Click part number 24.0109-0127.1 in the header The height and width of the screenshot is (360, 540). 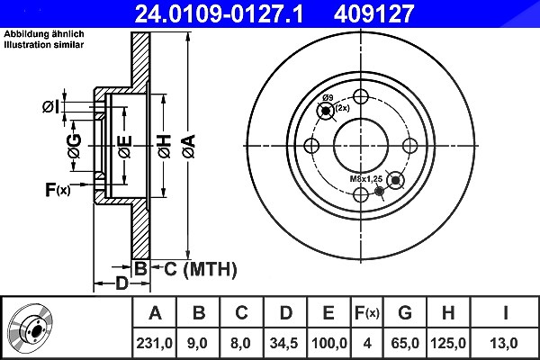point(219,13)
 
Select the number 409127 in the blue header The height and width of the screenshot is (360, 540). point(373,13)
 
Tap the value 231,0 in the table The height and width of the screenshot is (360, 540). point(154,343)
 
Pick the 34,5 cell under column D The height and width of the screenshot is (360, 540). point(284,343)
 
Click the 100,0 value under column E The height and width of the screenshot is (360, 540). point(328,343)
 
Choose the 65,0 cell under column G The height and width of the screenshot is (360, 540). point(405,343)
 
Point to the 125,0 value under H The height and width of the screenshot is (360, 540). point(448,343)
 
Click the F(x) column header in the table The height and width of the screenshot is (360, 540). point(367,313)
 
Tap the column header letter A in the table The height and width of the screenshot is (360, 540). point(155,313)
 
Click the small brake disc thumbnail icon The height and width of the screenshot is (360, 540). point(31,328)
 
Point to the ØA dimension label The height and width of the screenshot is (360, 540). point(189,147)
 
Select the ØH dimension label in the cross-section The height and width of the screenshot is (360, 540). point(165,147)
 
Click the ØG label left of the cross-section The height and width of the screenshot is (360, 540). point(75,146)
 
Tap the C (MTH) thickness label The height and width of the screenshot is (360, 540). point(201,269)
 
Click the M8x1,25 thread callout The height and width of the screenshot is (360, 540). point(366,179)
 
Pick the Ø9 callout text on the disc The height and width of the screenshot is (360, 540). point(328,97)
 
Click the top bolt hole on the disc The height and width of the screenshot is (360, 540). point(361,97)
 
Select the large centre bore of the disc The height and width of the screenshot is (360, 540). point(361,146)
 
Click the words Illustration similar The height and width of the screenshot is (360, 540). point(44,45)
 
